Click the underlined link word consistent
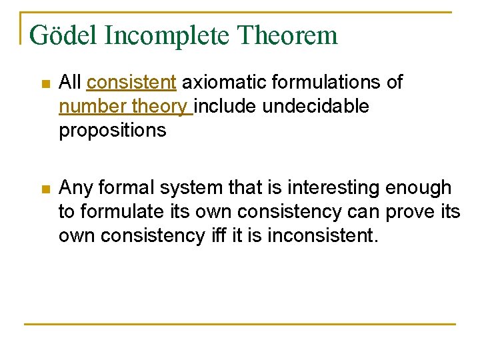coord(131,83)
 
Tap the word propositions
coord(113,131)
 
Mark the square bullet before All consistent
coord(44,84)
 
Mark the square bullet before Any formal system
coord(44,189)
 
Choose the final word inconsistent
coord(322,236)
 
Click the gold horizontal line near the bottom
coord(240,324)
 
